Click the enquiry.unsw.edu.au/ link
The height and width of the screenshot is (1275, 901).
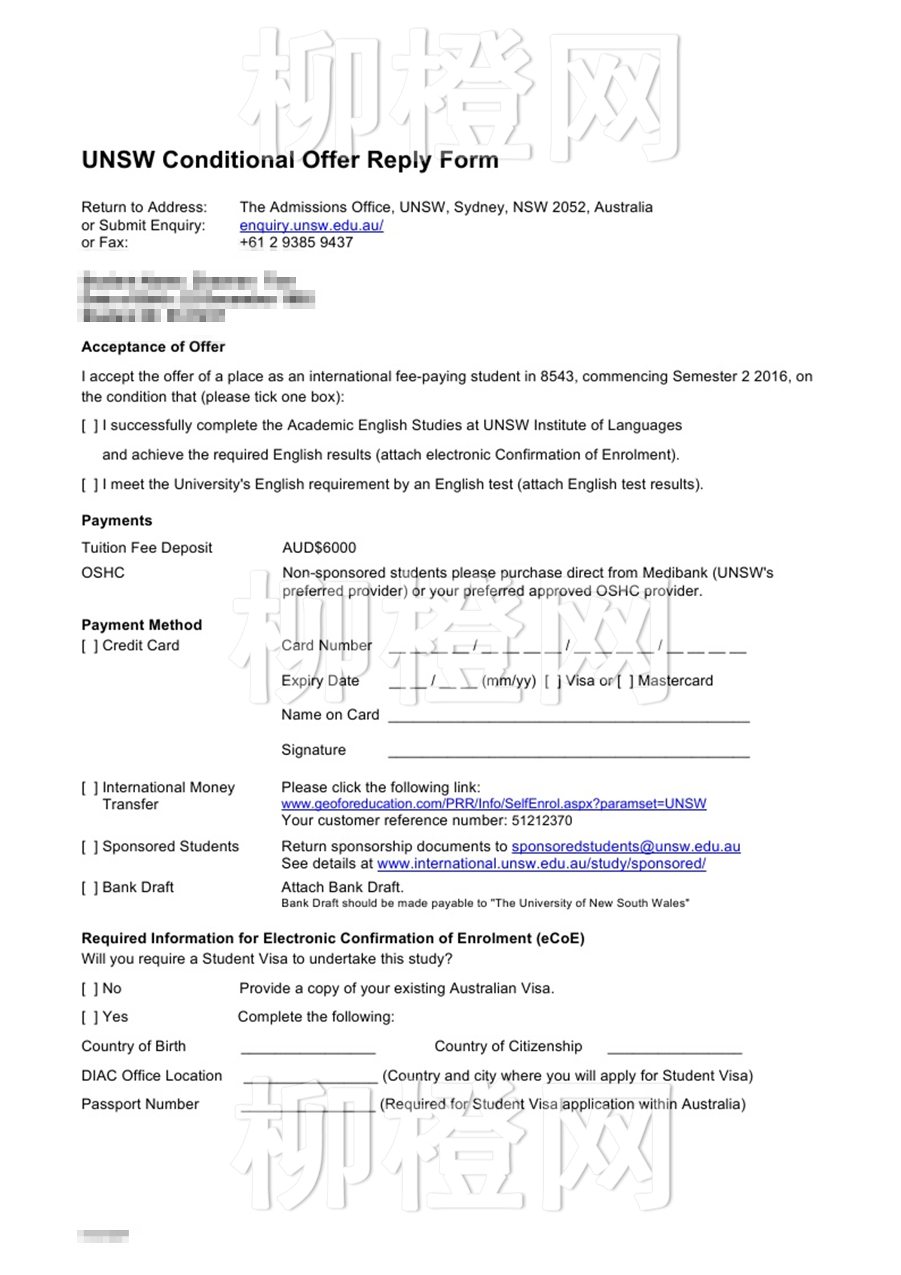coord(311,225)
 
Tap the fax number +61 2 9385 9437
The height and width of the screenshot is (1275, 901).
coord(296,243)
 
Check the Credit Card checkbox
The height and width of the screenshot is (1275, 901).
coord(90,646)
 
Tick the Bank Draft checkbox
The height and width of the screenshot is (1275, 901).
coord(90,888)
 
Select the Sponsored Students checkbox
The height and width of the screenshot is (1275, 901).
coord(90,847)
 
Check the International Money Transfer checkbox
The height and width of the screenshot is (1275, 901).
coord(90,788)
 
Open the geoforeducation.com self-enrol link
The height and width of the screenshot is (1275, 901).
coord(494,804)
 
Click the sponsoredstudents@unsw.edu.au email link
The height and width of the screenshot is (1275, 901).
coord(626,847)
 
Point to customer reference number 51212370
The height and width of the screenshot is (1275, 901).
coord(542,820)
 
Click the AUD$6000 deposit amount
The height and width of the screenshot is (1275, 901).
coord(319,548)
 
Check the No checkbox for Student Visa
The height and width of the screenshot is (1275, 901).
coord(90,989)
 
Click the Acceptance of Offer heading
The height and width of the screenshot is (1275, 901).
coord(153,347)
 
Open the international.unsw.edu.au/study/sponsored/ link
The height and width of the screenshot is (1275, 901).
coord(541,864)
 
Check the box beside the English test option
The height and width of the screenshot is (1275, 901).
coord(90,485)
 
